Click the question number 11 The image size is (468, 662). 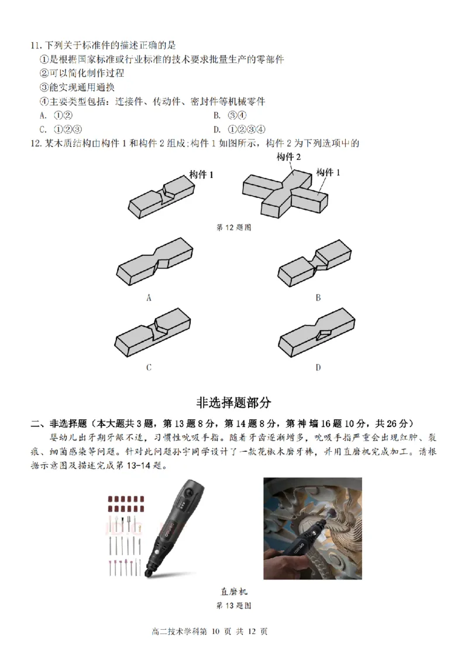tap(36, 45)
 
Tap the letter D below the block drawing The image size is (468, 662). tap(318, 367)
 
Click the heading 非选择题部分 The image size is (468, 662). tap(233, 403)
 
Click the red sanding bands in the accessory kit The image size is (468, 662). tap(125, 503)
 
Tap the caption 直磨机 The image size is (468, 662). tap(233, 591)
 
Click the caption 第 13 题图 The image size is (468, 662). tap(233, 605)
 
